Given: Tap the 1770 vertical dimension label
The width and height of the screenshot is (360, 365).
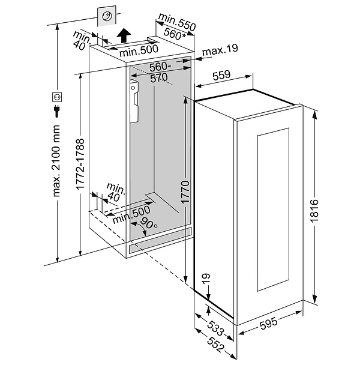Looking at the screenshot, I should (x=185, y=193).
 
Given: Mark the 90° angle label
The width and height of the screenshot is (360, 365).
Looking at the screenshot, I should (x=148, y=225).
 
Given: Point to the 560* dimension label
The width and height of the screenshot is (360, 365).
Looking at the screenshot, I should (x=175, y=35).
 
